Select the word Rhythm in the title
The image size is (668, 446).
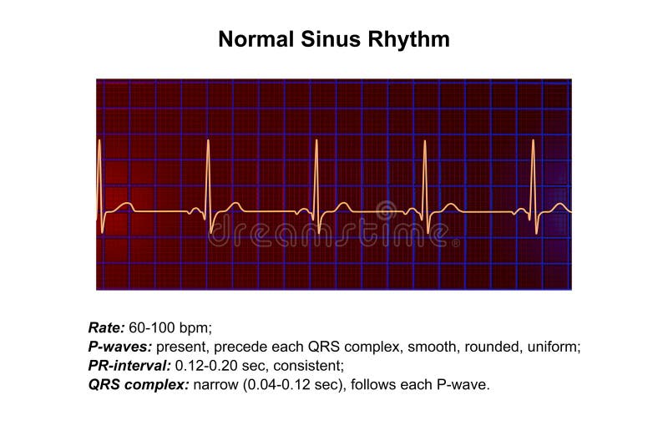(x=412, y=39)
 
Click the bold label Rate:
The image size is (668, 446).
(x=107, y=327)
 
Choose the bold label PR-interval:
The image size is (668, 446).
(x=128, y=365)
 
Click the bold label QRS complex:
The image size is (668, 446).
(x=139, y=384)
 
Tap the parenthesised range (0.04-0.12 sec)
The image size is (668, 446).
(x=285, y=384)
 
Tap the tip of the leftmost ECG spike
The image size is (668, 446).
(x=99, y=141)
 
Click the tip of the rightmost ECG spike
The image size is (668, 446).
(x=534, y=141)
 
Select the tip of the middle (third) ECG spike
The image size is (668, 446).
(x=316, y=141)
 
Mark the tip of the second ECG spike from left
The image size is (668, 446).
(x=208, y=141)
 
